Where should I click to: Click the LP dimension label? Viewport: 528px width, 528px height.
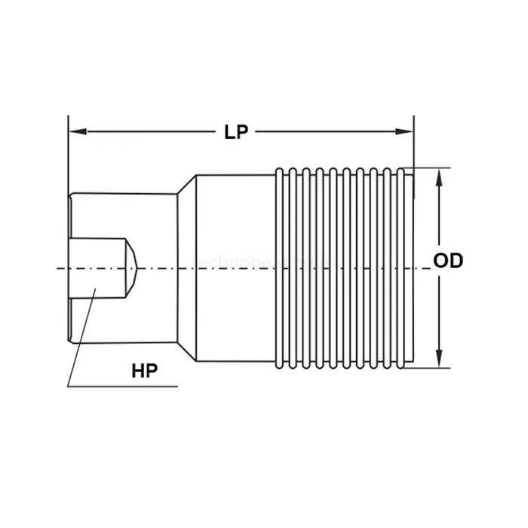[236, 132]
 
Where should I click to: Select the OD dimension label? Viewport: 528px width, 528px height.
[448, 261]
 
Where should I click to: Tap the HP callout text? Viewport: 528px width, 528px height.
[145, 370]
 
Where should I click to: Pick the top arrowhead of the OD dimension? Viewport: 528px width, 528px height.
[439, 173]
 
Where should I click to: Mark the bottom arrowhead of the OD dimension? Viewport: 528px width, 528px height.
[439, 361]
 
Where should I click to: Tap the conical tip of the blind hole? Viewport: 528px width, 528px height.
[131, 268]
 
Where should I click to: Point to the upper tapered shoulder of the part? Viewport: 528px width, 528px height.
[187, 186]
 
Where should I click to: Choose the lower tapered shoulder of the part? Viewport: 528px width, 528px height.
[187, 351]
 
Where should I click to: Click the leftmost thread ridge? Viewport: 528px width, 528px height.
[281, 268]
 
